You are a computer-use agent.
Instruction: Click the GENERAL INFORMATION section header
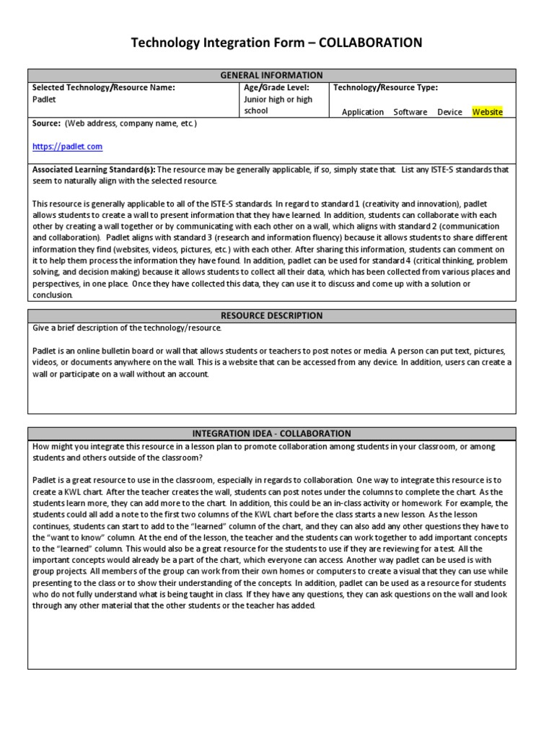pyautogui.click(x=271, y=75)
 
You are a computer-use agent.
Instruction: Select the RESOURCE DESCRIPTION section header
pyautogui.click(x=271, y=315)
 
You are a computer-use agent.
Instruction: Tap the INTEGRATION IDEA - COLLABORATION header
pyautogui.click(x=271, y=434)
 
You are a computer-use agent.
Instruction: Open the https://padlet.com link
pyautogui.click(x=67, y=147)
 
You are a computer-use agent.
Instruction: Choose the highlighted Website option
pyautogui.click(x=488, y=112)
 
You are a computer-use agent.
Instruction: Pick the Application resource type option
pyautogui.click(x=363, y=112)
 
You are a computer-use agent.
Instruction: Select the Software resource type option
pyautogui.click(x=410, y=112)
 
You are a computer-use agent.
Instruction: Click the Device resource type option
pyautogui.click(x=449, y=112)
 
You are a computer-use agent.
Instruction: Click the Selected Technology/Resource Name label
pyautogui.click(x=104, y=87)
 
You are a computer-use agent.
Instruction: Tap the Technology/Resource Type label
pyautogui.click(x=385, y=87)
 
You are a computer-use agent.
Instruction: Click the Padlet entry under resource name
pyautogui.click(x=44, y=100)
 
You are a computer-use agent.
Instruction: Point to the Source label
pyautogui.click(x=46, y=123)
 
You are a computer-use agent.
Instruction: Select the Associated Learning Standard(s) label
pyautogui.click(x=93, y=170)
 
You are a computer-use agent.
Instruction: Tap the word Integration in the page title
pyautogui.click(x=236, y=43)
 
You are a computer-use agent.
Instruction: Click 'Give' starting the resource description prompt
pyautogui.click(x=42, y=328)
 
